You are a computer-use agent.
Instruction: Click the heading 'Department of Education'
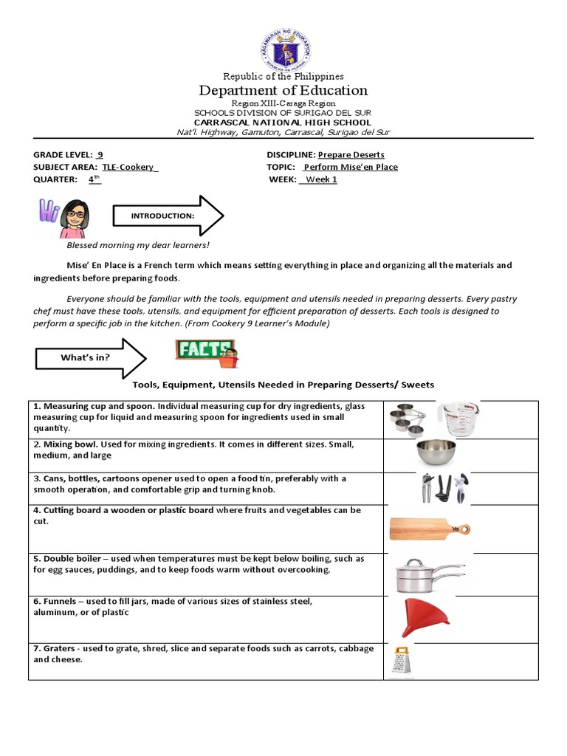pos(283,90)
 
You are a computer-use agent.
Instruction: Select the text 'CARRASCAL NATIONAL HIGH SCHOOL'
pos(283,122)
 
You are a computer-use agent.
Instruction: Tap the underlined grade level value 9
pos(100,154)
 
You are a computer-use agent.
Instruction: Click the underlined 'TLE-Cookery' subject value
pos(130,167)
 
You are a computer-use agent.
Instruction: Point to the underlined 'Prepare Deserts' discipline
pos(351,154)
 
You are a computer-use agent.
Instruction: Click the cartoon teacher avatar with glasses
pos(73,218)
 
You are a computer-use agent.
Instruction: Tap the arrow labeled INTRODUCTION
pos(167,216)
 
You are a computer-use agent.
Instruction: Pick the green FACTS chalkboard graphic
pos(206,351)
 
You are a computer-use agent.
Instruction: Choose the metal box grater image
pos(401,660)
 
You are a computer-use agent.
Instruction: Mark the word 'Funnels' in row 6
pos(59,601)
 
